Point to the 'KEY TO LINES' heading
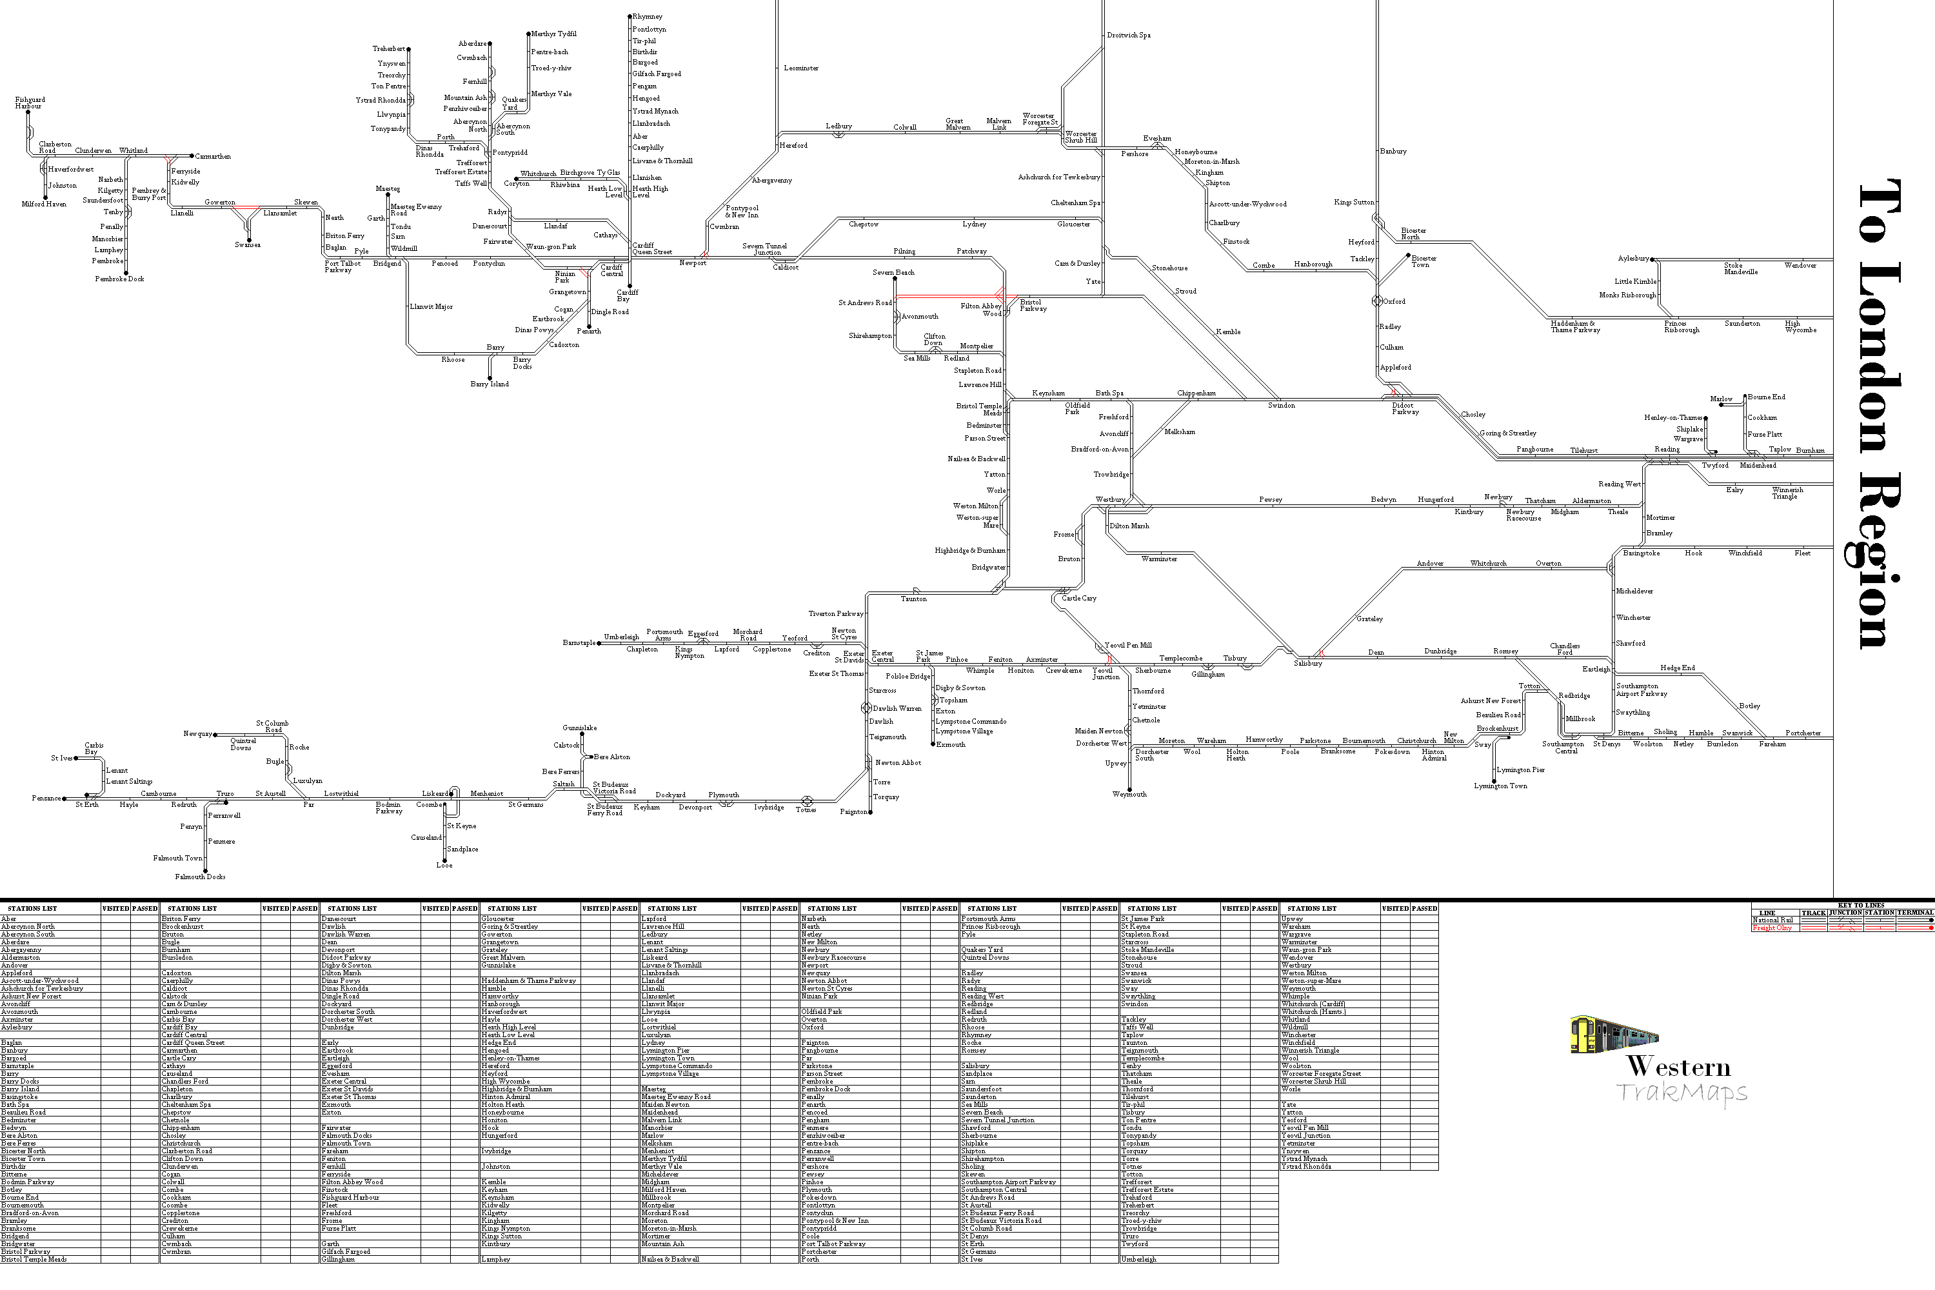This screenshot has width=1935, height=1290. click(x=1860, y=905)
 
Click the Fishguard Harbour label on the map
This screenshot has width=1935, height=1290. click(x=30, y=103)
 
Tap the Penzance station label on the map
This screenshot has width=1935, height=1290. click(x=46, y=798)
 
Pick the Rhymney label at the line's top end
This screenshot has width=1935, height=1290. click(x=648, y=17)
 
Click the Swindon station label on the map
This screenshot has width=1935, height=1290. click(x=1281, y=406)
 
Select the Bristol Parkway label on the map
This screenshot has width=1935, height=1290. click(x=1033, y=305)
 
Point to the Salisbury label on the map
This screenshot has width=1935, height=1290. click(x=1307, y=663)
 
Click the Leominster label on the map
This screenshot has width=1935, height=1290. click(x=800, y=68)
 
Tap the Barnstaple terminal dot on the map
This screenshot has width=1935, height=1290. click(x=599, y=643)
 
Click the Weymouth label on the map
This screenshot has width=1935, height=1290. click(x=1129, y=795)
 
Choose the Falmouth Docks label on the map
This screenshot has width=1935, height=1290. click(x=200, y=877)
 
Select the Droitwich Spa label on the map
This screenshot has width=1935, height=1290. click(x=1129, y=35)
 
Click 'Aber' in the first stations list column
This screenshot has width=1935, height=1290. click(x=9, y=919)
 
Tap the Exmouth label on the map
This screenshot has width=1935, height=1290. click(x=950, y=744)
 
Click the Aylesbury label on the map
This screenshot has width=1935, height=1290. click(x=1633, y=259)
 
